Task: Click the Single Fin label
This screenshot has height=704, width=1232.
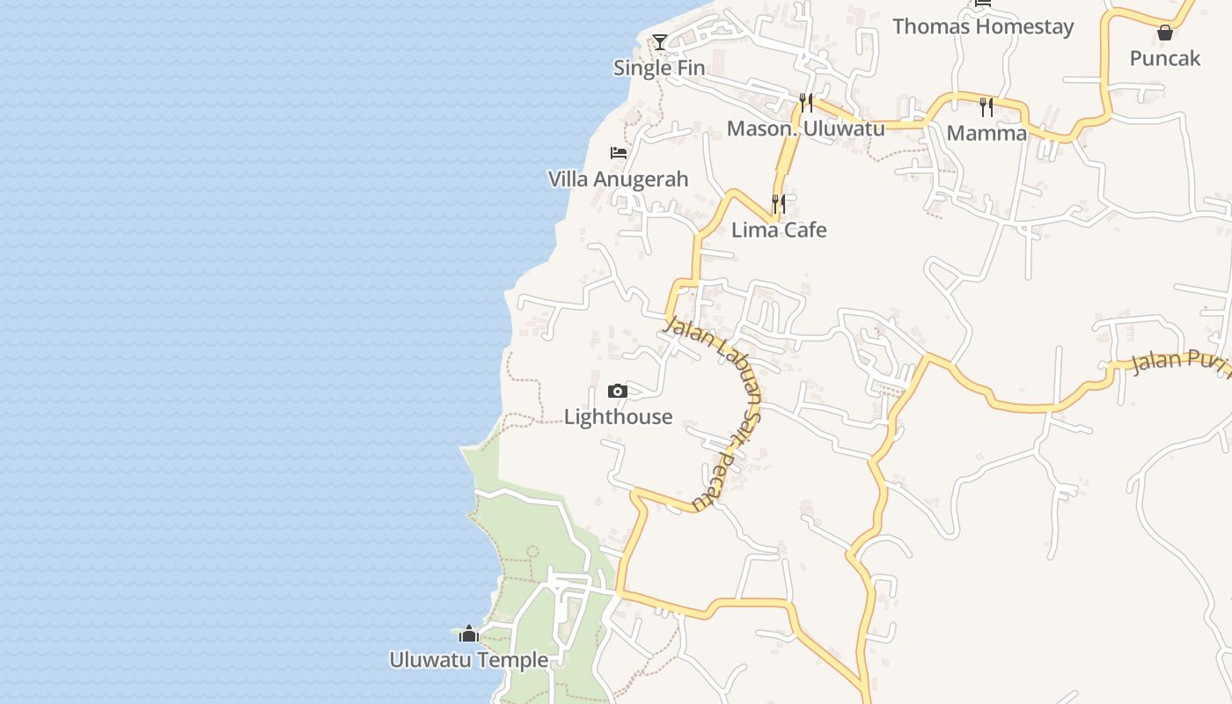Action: [x=659, y=68]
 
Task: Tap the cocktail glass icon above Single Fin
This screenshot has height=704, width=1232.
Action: [x=660, y=41]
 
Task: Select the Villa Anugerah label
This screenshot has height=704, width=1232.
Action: [x=618, y=180]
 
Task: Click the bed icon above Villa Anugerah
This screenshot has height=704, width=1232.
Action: [x=619, y=152]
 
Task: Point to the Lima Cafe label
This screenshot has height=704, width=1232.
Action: [x=779, y=231]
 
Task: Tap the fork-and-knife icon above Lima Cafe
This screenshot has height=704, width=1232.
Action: [x=779, y=204]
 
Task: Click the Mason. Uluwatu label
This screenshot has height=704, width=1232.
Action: [x=805, y=128]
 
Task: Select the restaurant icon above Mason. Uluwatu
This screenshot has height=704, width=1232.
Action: [x=806, y=102]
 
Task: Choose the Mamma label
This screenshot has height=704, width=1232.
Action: [x=986, y=134]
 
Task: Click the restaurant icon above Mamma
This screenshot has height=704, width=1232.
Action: [x=986, y=107]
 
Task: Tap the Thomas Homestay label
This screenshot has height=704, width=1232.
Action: [x=983, y=26]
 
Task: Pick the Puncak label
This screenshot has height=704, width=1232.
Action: [x=1165, y=59]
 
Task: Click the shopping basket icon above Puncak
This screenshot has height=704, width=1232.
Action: [x=1165, y=33]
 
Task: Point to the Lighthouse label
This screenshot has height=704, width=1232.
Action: [x=618, y=417]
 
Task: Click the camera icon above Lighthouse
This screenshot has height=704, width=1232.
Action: [x=618, y=392]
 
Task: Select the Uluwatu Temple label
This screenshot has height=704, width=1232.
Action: [x=468, y=660]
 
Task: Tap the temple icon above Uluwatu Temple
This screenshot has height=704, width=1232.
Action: [x=469, y=634]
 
